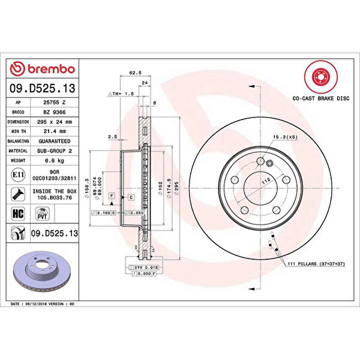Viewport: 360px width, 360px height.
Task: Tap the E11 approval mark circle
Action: (x=18, y=175)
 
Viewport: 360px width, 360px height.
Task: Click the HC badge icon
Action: (x=18, y=213)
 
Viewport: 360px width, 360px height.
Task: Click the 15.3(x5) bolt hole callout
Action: (x=284, y=137)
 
